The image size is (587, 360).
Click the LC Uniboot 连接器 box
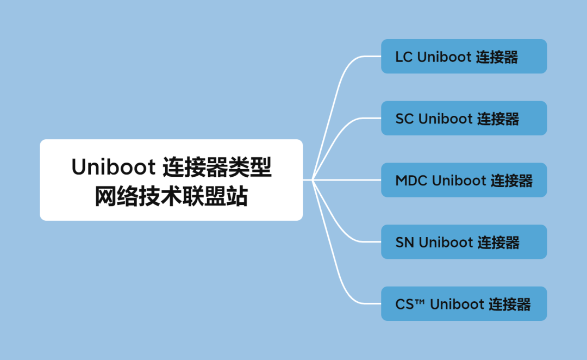[x=464, y=57]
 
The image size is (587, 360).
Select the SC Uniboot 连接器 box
[x=464, y=118]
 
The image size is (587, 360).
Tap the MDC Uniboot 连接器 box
[x=464, y=180]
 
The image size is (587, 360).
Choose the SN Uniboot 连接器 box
[x=464, y=242]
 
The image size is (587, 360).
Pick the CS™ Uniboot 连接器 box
[x=464, y=303]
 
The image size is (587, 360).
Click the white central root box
[x=171, y=180]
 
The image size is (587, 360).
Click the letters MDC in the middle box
[x=411, y=181]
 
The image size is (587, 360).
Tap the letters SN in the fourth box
[x=405, y=243]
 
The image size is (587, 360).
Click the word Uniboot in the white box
[x=113, y=167]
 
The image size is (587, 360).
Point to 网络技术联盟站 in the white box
[x=171, y=196]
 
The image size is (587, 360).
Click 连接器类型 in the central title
[x=217, y=167]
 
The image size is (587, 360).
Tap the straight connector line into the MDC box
[x=348, y=180]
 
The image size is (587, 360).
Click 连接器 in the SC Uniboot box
[x=498, y=119]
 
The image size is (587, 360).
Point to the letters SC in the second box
[x=404, y=119]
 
